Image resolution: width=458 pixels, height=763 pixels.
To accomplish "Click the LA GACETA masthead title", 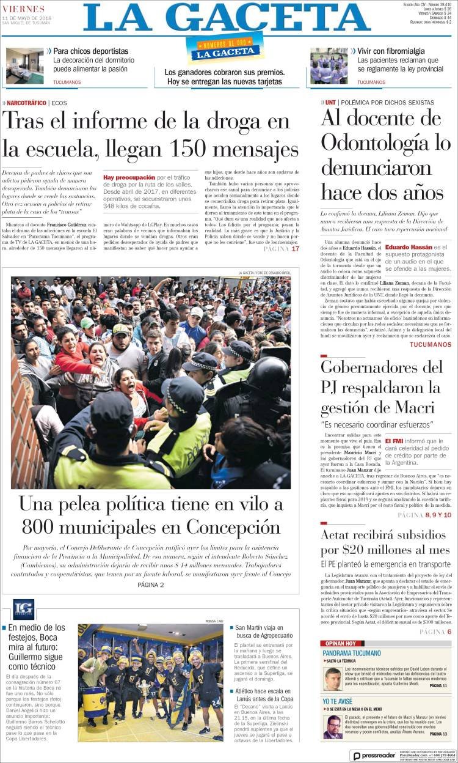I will (x=227, y=18).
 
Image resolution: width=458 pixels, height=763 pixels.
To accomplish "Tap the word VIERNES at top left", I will (x=23, y=9).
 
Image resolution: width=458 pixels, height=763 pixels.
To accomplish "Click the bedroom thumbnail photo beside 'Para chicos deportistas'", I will (x=24, y=65).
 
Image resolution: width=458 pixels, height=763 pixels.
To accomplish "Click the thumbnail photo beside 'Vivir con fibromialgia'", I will (x=329, y=65).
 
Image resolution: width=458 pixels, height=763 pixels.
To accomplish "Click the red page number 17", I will (x=295, y=249).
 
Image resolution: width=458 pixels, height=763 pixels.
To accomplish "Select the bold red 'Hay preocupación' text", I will (x=129, y=177).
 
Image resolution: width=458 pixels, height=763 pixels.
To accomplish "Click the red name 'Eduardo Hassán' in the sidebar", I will (x=409, y=247).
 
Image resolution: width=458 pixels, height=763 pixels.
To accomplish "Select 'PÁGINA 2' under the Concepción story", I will (x=150, y=584).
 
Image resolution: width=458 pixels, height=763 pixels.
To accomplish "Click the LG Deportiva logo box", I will (x=23, y=609).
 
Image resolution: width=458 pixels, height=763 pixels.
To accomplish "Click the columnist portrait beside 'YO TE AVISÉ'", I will (x=333, y=727).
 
